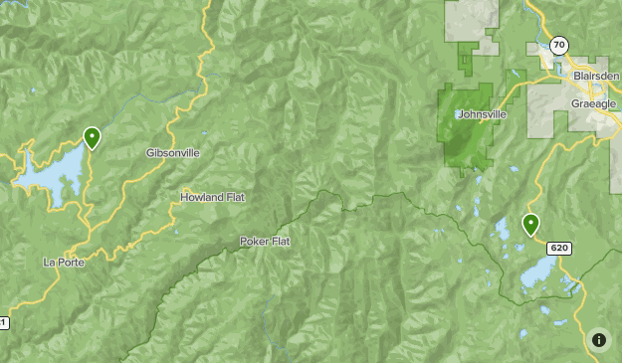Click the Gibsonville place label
click(172, 153)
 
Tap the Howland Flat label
click(212, 197)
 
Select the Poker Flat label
click(265, 242)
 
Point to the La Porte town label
click(64, 263)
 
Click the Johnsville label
click(482, 114)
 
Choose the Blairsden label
click(596, 76)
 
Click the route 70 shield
click(559, 45)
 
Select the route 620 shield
click(558, 248)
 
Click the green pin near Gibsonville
click(92, 137)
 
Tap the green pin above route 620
click(530, 225)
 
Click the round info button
click(599, 340)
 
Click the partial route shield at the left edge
click(3, 323)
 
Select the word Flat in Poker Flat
click(280, 242)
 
